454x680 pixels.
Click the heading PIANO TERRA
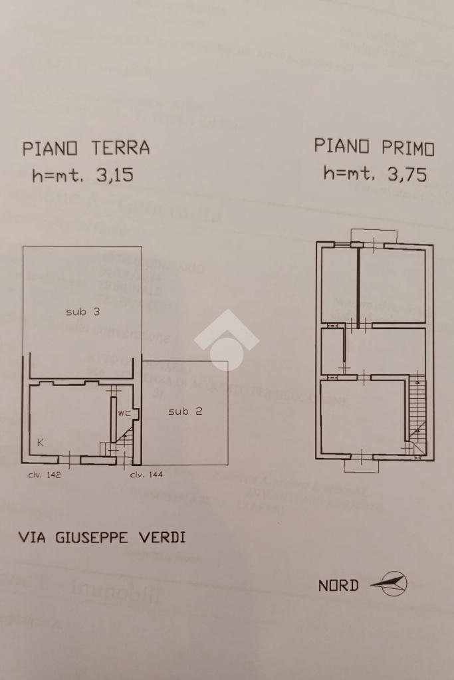pos(86,148)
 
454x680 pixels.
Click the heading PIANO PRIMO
pos(374,147)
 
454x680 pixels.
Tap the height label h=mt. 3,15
pos(82,175)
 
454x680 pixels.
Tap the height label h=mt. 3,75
pos(375,174)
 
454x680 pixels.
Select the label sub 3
pos(82,311)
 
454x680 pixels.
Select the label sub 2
pos(185,411)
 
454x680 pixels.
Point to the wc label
pos(124,413)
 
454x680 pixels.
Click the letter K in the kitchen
pos(41,442)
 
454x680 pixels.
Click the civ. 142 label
pos(44,475)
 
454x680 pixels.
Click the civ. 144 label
pos(146,475)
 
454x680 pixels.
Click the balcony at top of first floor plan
pos(374,235)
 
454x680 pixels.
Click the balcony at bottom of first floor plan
pos(361,466)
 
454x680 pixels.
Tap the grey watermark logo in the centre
pos(226,339)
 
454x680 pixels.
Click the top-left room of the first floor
pos(339,284)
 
